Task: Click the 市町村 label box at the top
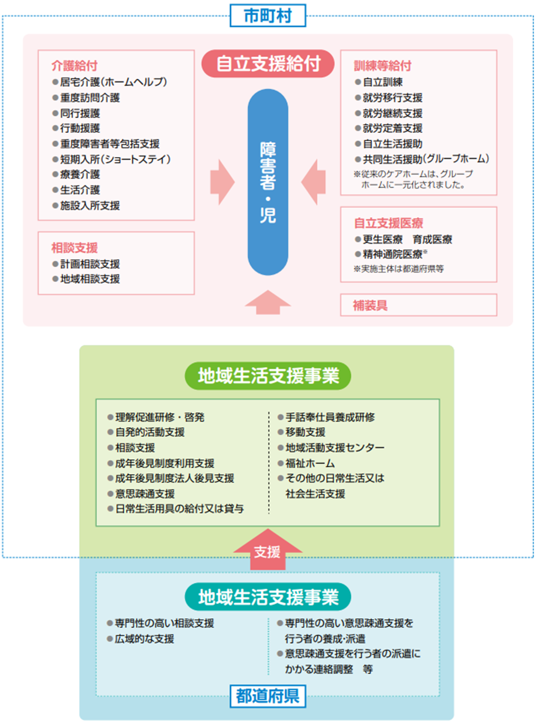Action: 268,16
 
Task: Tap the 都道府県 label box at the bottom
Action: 268,696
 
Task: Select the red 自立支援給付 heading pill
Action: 268,64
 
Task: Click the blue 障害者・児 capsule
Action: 268,182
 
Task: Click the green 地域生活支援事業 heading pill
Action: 268,376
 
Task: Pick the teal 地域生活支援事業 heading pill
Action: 268,597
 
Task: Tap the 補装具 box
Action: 419,305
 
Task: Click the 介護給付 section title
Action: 74,66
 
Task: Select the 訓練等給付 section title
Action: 383,66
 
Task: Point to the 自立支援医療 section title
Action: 389,223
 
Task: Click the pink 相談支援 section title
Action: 74,248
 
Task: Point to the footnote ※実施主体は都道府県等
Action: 399,269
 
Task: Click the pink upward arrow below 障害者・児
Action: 268,302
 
